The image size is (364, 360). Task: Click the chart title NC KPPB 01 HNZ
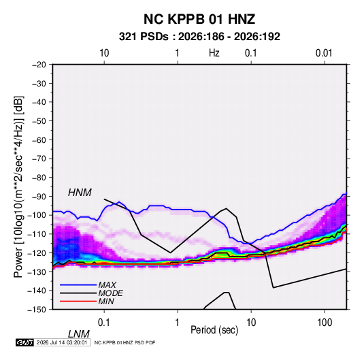[199, 19]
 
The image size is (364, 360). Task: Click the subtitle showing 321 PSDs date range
[199, 37]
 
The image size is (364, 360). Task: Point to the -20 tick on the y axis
[39, 65]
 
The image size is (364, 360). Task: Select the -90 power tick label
[39, 197]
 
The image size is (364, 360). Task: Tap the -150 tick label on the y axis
[37, 310]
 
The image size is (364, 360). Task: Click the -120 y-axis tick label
[37, 253]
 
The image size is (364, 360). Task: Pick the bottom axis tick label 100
[325, 323]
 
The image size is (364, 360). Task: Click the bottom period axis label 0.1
[103, 323]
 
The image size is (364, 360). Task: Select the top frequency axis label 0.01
[324, 53]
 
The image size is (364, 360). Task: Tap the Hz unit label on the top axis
[214, 53]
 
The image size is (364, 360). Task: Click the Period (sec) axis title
[214, 330]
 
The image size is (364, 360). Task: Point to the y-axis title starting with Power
[18, 186]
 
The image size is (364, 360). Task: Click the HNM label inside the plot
[80, 193]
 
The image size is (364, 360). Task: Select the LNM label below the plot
[78, 334]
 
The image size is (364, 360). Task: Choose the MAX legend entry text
[107, 284]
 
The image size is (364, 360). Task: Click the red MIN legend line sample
[78, 301]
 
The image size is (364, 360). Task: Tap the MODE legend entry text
[110, 293]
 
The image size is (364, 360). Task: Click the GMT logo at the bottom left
[25, 342]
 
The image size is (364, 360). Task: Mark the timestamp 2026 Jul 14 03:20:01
[62, 342]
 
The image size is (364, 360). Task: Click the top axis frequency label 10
[104, 53]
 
